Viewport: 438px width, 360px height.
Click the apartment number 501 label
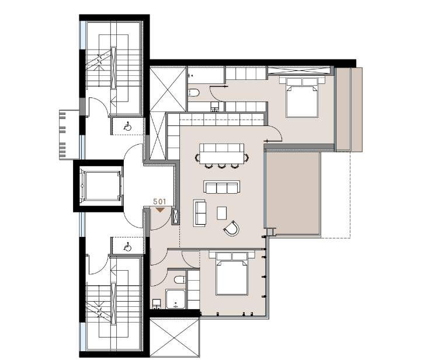coord(159,201)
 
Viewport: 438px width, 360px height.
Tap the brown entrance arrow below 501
coord(160,210)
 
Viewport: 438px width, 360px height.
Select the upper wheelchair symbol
coord(127,127)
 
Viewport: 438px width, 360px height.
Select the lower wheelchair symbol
coord(127,247)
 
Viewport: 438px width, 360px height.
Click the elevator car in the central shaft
coord(101,186)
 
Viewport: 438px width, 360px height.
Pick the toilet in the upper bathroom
coord(193,92)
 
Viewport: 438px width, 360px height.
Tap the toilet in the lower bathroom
coord(180,279)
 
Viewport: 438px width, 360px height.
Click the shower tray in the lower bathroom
coord(175,299)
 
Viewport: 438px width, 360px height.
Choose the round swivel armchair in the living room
coord(232,228)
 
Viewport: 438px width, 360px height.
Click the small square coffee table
coord(222,213)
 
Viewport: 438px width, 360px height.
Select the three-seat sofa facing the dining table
coord(222,187)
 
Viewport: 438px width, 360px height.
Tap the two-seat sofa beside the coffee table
coord(200,213)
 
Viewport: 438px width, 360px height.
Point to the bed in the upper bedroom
coord(302,97)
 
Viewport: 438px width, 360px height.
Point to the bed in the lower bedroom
coord(232,273)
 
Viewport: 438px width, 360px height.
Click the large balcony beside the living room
coord(292,193)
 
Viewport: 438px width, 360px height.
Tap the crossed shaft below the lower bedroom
coord(175,337)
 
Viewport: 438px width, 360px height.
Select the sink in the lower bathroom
coord(157,304)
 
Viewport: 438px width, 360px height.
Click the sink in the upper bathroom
coord(214,107)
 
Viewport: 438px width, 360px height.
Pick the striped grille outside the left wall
coord(66,135)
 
